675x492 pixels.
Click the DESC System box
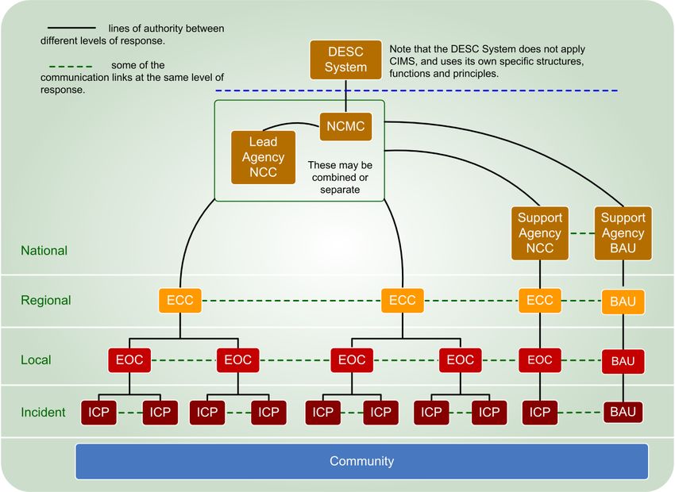[345, 60]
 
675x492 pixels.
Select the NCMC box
[345, 126]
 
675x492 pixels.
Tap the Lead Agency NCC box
[264, 157]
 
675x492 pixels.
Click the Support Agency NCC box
[540, 233]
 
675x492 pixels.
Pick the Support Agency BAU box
[623, 233]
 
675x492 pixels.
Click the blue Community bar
[361, 461]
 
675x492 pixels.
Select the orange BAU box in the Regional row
[623, 302]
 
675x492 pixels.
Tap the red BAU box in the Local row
[623, 361]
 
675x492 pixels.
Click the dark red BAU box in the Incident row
[623, 412]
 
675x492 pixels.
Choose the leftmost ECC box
[180, 300]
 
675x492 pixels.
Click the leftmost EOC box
[129, 360]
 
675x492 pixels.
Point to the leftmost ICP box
[98, 413]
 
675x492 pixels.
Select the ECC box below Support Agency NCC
[540, 300]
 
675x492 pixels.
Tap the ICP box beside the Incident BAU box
[540, 413]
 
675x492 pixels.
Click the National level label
[44, 251]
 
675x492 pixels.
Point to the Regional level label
[45, 300]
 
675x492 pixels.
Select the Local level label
[36, 360]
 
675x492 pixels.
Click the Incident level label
[43, 413]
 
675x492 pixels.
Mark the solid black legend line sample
[71, 28]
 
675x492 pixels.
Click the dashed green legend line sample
[71, 67]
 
